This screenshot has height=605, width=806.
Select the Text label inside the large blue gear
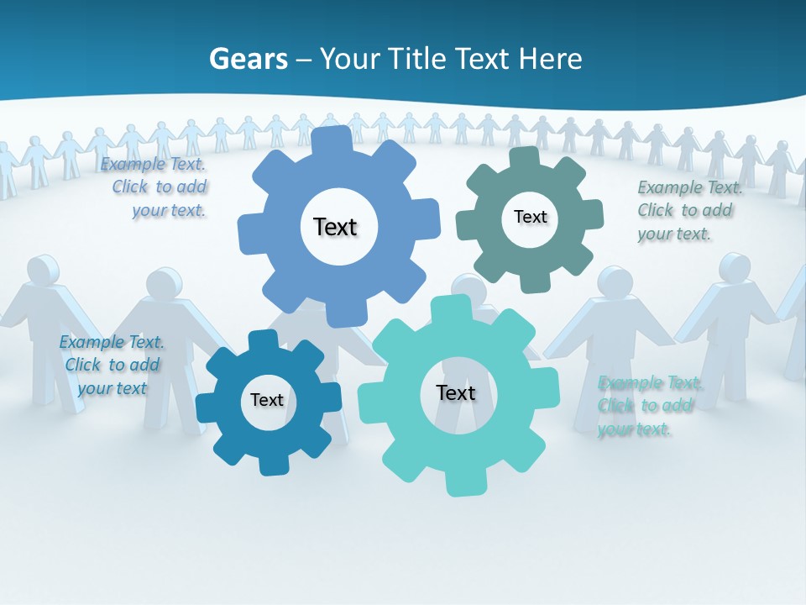[335, 227]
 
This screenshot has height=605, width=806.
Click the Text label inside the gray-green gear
[530, 217]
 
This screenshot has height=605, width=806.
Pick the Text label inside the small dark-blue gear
[267, 400]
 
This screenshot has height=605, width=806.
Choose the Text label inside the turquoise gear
[455, 392]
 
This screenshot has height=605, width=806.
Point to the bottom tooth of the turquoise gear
[461, 482]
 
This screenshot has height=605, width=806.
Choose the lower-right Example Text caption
[648, 406]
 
